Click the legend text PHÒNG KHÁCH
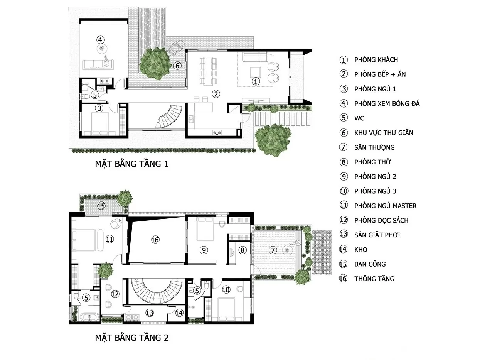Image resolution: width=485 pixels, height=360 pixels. tap(376, 60)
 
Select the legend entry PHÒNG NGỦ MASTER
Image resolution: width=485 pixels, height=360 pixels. tap(385, 206)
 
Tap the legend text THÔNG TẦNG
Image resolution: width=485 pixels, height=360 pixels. tap(374, 279)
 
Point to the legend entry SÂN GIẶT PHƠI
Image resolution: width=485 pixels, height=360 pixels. tap(377, 235)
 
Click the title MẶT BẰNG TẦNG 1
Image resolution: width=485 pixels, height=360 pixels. tap(131, 164)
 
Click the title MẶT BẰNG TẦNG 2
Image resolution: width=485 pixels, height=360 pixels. tap(131, 338)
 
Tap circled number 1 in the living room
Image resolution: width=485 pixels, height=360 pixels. tap(255, 81)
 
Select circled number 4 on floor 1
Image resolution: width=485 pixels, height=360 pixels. tap(100, 39)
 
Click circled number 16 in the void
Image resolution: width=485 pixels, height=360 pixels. tap(155, 240)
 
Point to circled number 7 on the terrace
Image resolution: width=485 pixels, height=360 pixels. tap(273, 250)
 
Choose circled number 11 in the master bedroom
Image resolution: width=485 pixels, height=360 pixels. tap(110, 240)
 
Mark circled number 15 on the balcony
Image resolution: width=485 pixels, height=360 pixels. tap(101, 206)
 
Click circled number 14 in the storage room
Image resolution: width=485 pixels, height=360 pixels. tap(179, 313)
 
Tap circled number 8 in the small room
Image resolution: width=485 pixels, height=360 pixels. tap(242, 250)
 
